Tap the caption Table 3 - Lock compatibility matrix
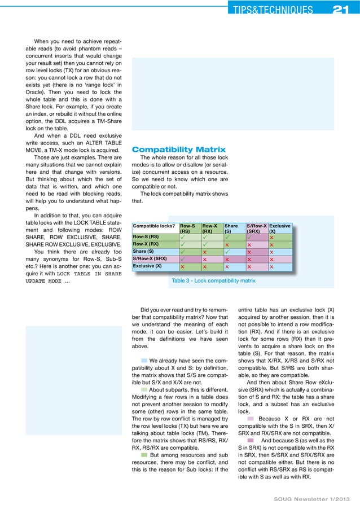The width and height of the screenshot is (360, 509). [213, 280]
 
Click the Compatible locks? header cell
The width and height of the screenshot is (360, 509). [152, 226]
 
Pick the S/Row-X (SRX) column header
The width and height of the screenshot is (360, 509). [257, 229]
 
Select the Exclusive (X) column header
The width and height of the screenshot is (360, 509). [280, 229]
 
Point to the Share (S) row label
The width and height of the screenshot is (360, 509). [143, 251]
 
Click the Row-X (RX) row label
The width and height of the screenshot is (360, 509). [146, 244]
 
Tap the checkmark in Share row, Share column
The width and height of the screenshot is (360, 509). [227, 251]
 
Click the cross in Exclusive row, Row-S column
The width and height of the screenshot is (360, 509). [182, 266]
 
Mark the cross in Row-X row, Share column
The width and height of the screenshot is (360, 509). [227, 244]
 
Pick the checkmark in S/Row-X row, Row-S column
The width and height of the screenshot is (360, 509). [182, 259]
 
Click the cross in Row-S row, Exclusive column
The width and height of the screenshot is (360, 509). [273, 236]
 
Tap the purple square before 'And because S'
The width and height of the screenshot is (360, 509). [250, 440]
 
